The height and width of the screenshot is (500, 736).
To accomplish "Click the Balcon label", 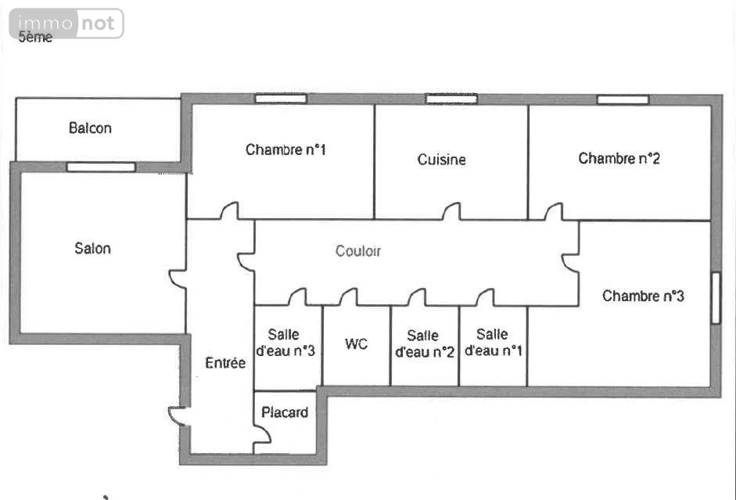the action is (x=90, y=128).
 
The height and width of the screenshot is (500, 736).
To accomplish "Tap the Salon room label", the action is (x=92, y=248).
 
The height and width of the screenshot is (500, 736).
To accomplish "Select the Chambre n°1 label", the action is (x=285, y=149).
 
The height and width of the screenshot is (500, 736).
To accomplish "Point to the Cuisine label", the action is (x=441, y=160).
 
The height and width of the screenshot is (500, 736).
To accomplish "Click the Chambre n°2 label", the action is (x=619, y=158).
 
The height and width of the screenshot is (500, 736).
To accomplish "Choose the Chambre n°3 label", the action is (x=643, y=296).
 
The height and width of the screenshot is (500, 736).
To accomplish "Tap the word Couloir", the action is (x=357, y=251).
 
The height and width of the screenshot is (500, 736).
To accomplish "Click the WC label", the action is (x=356, y=344).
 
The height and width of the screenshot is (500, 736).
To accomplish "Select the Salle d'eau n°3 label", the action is (x=285, y=342).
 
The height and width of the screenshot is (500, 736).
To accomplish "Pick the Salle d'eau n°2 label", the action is (x=425, y=344).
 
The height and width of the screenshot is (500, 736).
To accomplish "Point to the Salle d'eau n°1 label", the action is (x=493, y=342).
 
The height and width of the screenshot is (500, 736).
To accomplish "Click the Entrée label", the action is (x=224, y=362).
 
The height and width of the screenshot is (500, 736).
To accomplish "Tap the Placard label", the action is (x=285, y=412).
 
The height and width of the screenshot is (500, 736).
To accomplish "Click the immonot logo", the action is (x=66, y=23).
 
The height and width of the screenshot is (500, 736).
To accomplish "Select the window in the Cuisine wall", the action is (x=451, y=99).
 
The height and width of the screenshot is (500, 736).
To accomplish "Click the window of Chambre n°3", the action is (x=716, y=297).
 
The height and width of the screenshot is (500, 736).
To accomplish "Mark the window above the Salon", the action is (x=101, y=167).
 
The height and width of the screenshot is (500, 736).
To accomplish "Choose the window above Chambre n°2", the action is (x=623, y=99).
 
